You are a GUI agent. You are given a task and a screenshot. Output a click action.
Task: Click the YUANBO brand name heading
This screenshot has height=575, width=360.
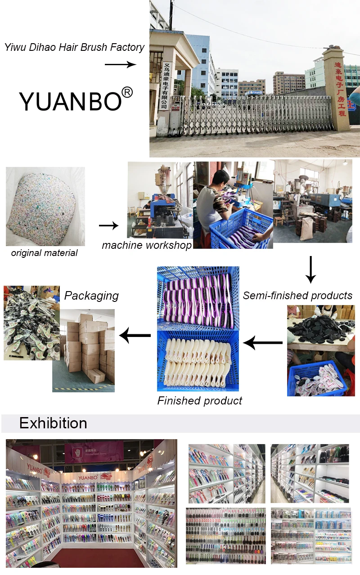pos(70,101)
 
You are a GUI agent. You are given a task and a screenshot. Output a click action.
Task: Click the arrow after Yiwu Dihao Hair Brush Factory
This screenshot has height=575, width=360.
pos(120,65)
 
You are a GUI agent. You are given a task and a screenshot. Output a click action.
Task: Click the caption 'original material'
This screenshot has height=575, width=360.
pos(44,253)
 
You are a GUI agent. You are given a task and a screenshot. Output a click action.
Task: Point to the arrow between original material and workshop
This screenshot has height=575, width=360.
pos(108,225)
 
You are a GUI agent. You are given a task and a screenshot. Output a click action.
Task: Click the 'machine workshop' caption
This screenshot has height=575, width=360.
pos(147,245)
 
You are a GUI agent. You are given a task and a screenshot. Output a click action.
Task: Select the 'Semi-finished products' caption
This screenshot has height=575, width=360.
pos(297,295)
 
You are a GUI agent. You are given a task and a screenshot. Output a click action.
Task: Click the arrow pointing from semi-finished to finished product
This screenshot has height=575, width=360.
pos(263,343)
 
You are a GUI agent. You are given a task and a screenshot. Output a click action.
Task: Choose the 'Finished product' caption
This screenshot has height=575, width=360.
pos(199,400)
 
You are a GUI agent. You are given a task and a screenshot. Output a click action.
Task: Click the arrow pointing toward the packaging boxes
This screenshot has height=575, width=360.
pos(135,335)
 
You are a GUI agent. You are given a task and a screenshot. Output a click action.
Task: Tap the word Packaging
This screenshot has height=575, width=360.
pos(91,296)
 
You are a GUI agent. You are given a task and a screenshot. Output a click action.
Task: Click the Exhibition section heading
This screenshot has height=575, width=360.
pos(53,423)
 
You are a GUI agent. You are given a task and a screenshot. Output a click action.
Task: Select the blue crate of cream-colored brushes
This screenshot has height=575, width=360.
pos(198,360)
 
